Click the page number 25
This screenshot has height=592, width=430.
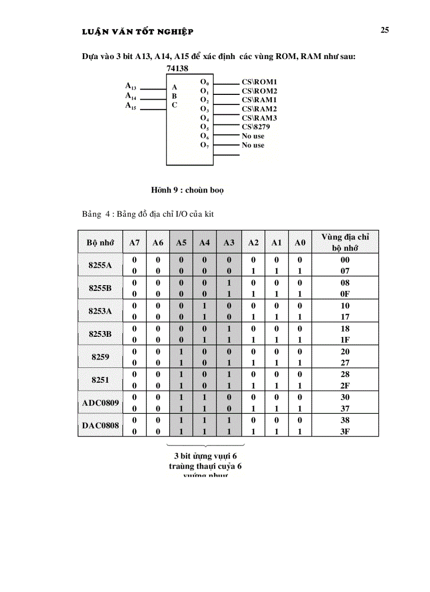pyautogui.click(x=385, y=30)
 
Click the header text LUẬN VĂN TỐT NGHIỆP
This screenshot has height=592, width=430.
pyautogui.click(x=138, y=32)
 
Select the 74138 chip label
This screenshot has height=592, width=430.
pyautogui.click(x=177, y=68)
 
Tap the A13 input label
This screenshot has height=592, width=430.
pyautogui.click(x=131, y=86)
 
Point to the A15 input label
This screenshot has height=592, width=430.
pyautogui.click(x=131, y=106)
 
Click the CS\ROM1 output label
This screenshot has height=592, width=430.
pyautogui.click(x=259, y=82)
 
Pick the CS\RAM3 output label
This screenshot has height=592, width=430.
pyautogui.click(x=259, y=118)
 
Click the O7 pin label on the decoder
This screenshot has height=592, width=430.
pyautogui.click(x=205, y=145)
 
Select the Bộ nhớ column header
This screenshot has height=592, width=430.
pyautogui.click(x=100, y=242)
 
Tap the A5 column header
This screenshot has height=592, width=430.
pyautogui.click(x=181, y=242)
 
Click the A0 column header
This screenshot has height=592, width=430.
pyautogui.click(x=300, y=242)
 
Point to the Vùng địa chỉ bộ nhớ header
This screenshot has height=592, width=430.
pyautogui.click(x=345, y=242)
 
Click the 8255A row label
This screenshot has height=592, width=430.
pyautogui.click(x=100, y=265)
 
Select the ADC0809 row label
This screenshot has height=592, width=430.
pyautogui.click(x=100, y=403)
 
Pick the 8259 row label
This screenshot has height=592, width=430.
pyautogui.click(x=100, y=357)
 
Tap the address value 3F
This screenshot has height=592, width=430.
pyautogui.click(x=345, y=431)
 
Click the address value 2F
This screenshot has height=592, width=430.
pyautogui.click(x=345, y=385)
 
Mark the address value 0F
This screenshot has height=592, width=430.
pyautogui.click(x=345, y=294)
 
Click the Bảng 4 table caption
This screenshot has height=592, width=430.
pyautogui.click(x=148, y=214)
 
